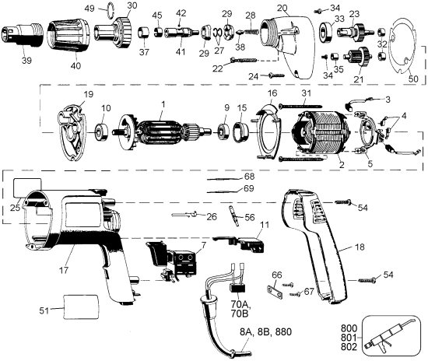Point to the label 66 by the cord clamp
click(x=276, y=275)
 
